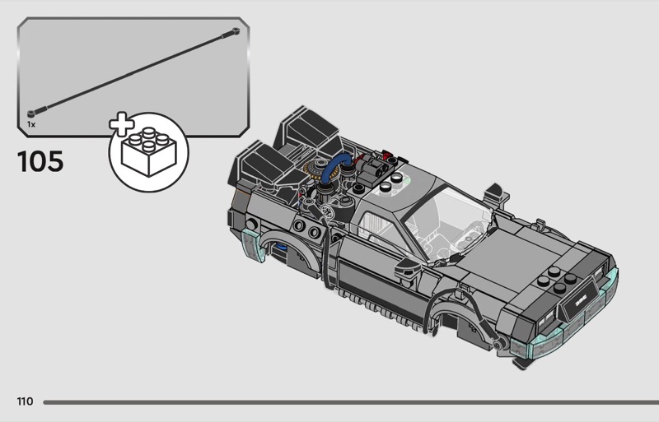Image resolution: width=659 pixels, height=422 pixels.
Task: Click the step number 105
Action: pyautogui.click(x=40, y=162)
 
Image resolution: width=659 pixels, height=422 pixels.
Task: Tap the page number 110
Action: pyautogui.click(x=25, y=401)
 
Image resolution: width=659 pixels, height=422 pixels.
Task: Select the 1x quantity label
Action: pyautogui.click(x=31, y=124)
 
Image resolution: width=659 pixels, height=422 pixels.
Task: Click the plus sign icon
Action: pyautogui.click(x=121, y=124)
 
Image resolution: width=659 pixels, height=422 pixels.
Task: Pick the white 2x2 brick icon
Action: pyautogui.click(x=149, y=152)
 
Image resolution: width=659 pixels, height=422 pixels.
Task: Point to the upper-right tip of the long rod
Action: pyautogui.click(x=236, y=30)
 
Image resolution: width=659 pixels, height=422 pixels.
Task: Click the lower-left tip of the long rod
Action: pyautogui.click(x=31, y=114)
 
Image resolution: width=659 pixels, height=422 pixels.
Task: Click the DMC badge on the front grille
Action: pyautogui.click(x=581, y=302)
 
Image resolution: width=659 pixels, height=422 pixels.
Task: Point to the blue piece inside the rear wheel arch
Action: pyautogui.click(x=279, y=247)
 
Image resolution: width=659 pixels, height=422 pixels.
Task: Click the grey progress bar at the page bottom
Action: pyautogui.click(x=351, y=402)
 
